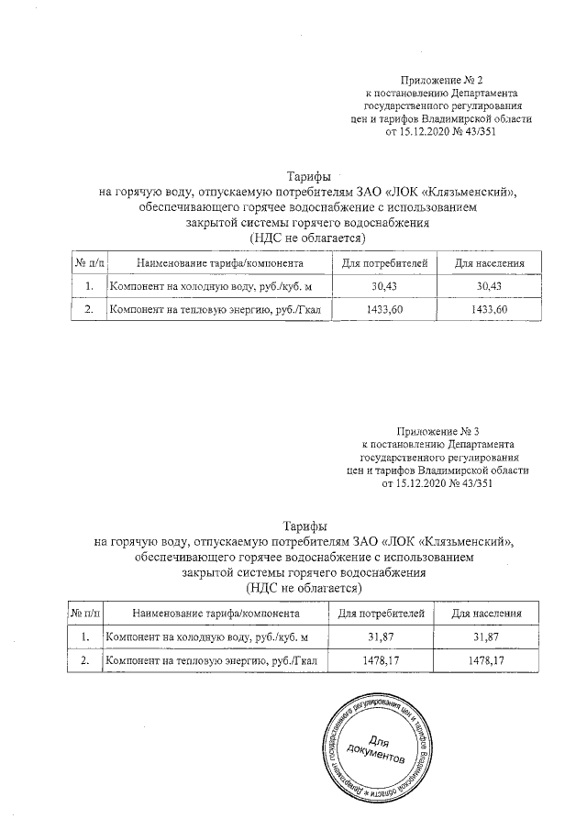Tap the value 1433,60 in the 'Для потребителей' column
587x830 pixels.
[x=383, y=310]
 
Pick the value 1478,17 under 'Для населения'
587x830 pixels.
[x=487, y=660]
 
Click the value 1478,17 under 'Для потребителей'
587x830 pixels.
[x=380, y=660]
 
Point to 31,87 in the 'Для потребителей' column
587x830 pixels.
[x=380, y=637]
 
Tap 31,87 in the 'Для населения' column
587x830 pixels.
[x=487, y=637]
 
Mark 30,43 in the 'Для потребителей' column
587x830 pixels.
[x=383, y=287]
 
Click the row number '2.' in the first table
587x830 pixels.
[x=89, y=310]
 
